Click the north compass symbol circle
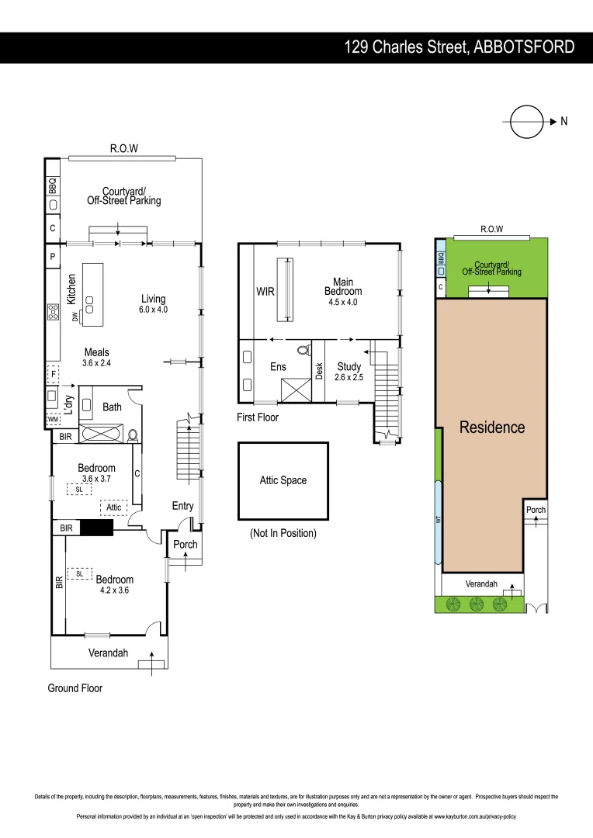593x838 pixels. (525, 121)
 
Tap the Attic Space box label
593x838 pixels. (283, 480)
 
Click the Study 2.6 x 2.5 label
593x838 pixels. (349, 372)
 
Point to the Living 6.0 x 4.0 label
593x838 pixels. (153, 303)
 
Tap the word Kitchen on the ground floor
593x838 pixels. (71, 289)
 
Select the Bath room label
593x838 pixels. (112, 407)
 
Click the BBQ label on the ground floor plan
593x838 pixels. (53, 185)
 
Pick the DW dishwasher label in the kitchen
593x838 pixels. (75, 316)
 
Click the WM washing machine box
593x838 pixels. (53, 420)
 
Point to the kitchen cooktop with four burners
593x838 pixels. (54, 312)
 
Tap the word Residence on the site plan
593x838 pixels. (492, 427)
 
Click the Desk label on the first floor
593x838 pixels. (319, 371)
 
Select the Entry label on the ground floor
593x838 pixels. (182, 506)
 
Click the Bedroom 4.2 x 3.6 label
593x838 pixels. (114, 584)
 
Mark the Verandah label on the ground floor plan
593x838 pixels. (107, 653)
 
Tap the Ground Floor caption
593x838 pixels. (75, 688)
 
